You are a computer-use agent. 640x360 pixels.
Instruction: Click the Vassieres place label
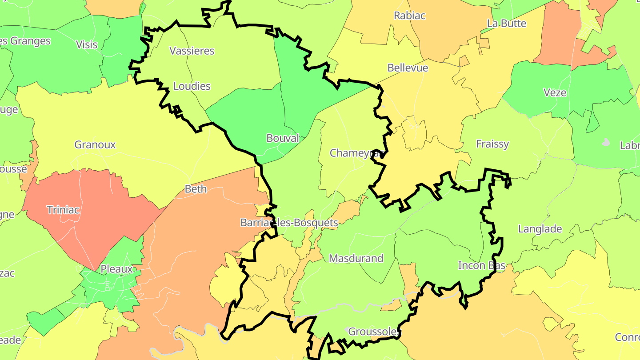(x=192, y=51)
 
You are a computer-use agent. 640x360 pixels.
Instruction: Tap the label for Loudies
(x=192, y=86)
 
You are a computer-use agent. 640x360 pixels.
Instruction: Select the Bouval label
(x=283, y=138)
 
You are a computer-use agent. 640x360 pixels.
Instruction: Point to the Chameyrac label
(x=356, y=153)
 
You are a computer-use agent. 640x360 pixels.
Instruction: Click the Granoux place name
(x=95, y=144)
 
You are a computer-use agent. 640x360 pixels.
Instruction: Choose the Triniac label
(x=64, y=210)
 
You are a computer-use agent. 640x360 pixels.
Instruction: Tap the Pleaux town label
(x=117, y=269)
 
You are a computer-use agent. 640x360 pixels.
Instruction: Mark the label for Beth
(x=196, y=189)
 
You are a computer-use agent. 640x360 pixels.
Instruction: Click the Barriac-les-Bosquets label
(x=289, y=223)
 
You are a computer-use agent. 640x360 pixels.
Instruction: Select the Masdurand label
(x=356, y=258)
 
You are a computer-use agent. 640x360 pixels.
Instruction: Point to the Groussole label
(x=372, y=332)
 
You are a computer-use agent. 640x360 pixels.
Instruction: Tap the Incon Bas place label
(x=482, y=265)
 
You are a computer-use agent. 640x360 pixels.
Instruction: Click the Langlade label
(x=540, y=229)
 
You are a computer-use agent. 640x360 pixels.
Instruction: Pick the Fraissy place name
(x=492, y=144)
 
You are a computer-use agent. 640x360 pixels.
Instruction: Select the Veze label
(x=555, y=92)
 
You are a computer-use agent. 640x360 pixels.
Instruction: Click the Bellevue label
(x=408, y=68)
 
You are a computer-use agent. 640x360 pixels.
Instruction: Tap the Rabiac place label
(x=409, y=16)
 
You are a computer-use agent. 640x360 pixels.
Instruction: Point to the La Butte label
(x=507, y=23)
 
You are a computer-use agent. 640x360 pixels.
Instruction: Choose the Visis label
(x=87, y=44)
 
